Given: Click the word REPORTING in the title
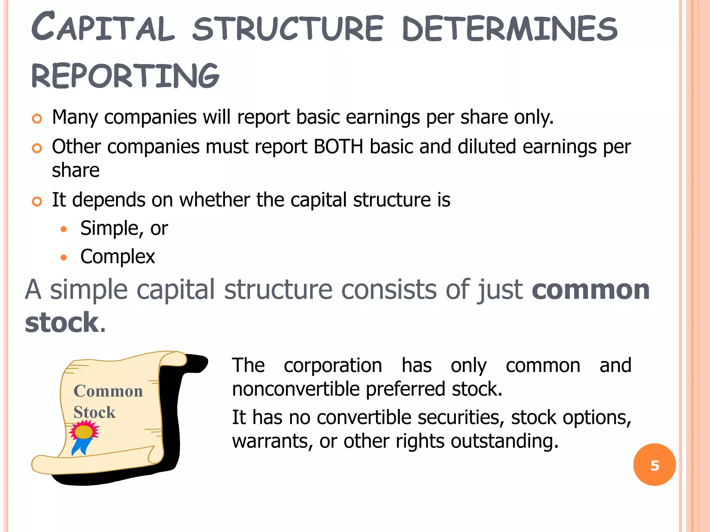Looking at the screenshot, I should coord(125,76).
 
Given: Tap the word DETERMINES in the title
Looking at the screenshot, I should coord(510,28).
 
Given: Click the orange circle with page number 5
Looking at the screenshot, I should coord(654,465).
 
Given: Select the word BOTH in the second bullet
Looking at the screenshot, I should coord(338,147).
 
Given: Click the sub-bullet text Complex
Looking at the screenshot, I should coord(118,257).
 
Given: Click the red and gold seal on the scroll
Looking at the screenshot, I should coord(84,432).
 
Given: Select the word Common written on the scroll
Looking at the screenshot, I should coord(108,391).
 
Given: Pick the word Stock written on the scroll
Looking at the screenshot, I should coord(94,412).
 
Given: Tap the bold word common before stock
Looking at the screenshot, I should coord(590,290).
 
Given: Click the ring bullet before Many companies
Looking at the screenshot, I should coord(37,119).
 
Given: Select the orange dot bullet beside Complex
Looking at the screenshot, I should coord(63,257).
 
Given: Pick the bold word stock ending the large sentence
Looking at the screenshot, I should coord(62,323).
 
